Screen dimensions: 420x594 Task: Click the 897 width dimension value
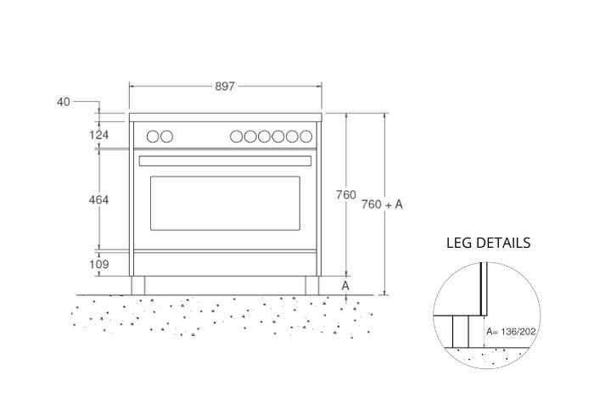coord(226,86)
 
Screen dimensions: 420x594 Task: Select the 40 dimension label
coord(64,102)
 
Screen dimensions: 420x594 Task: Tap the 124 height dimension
coord(100,135)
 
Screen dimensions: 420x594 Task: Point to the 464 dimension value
coord(99,199)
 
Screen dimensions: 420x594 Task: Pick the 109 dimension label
coord(99,265)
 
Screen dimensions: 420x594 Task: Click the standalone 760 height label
coord(345,195)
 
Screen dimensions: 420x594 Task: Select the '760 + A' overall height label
coord(382,204)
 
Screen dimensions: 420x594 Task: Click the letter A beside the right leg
coord(345,286)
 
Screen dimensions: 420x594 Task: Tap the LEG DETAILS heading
coord(488,243)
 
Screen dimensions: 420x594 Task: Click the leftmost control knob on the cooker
coord(153,136)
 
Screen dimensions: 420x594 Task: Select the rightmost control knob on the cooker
coord(303,136)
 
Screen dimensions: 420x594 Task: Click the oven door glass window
coord(225,204)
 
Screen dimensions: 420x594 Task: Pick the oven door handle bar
coord(225,160)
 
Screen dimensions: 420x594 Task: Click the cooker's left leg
coord(137,285)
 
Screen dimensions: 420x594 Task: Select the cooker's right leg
coord(313,285)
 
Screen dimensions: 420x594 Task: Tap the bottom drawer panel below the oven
coord(225,263)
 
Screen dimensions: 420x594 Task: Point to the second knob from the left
coord(167,136)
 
